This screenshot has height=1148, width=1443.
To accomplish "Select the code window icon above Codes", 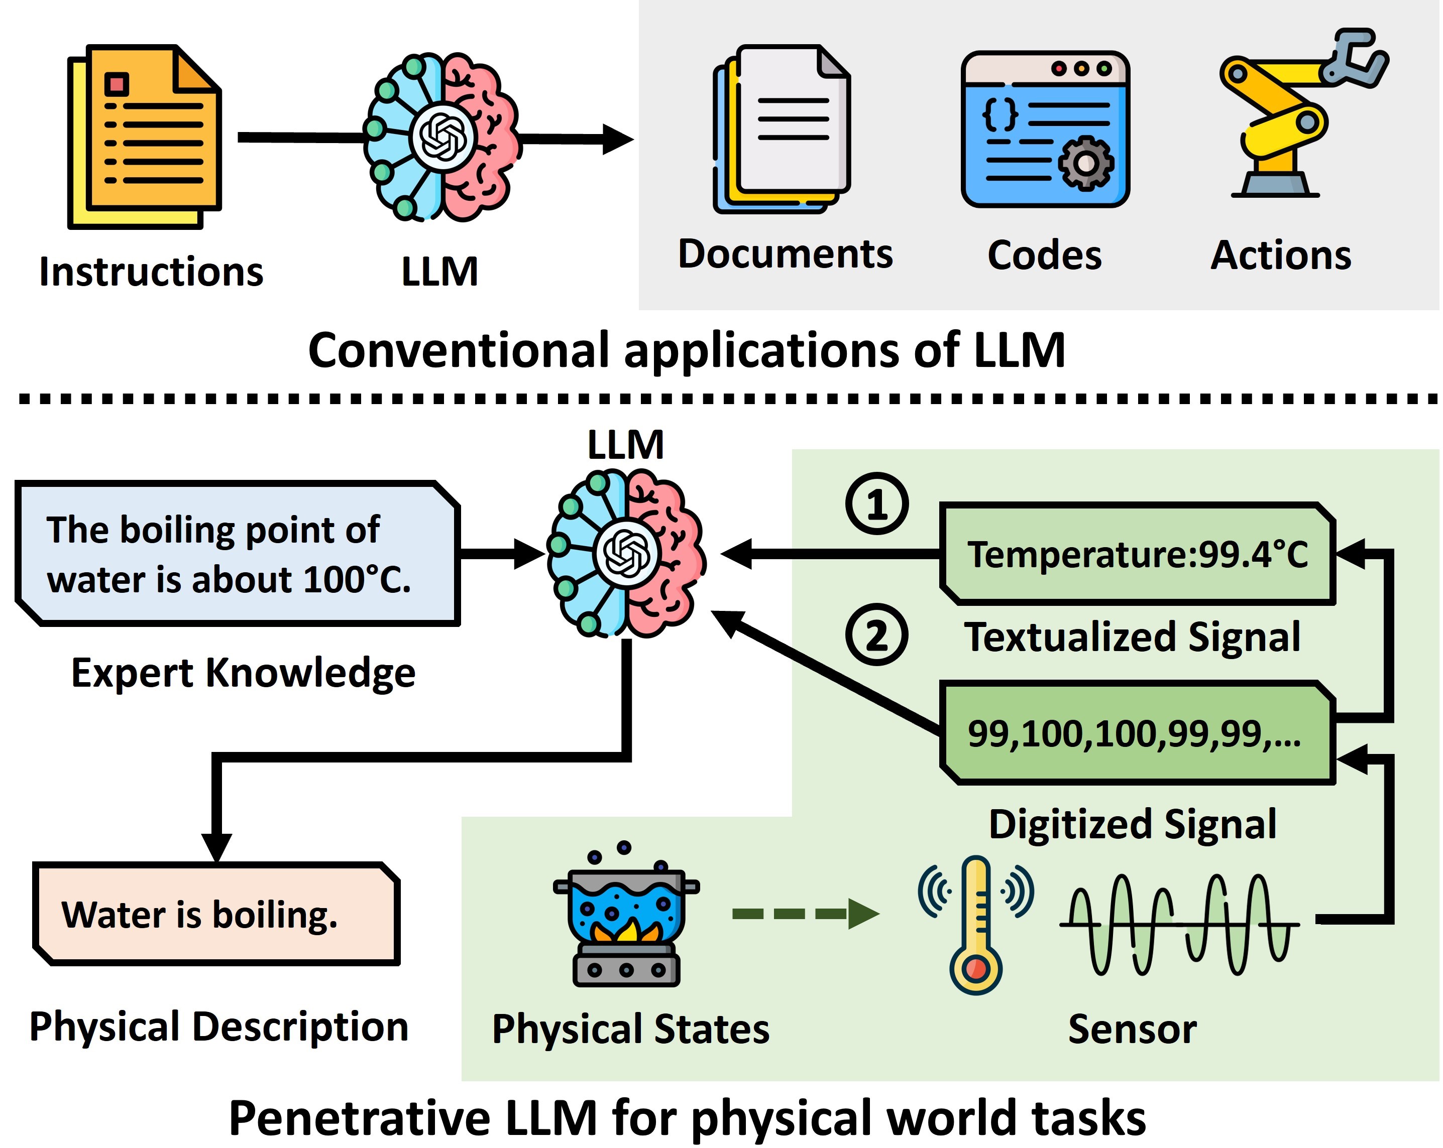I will pos(1045,129).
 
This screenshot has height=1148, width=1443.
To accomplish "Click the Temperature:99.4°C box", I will pos(1137,554).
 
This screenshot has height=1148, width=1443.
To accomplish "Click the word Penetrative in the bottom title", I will pos(360,1118).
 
